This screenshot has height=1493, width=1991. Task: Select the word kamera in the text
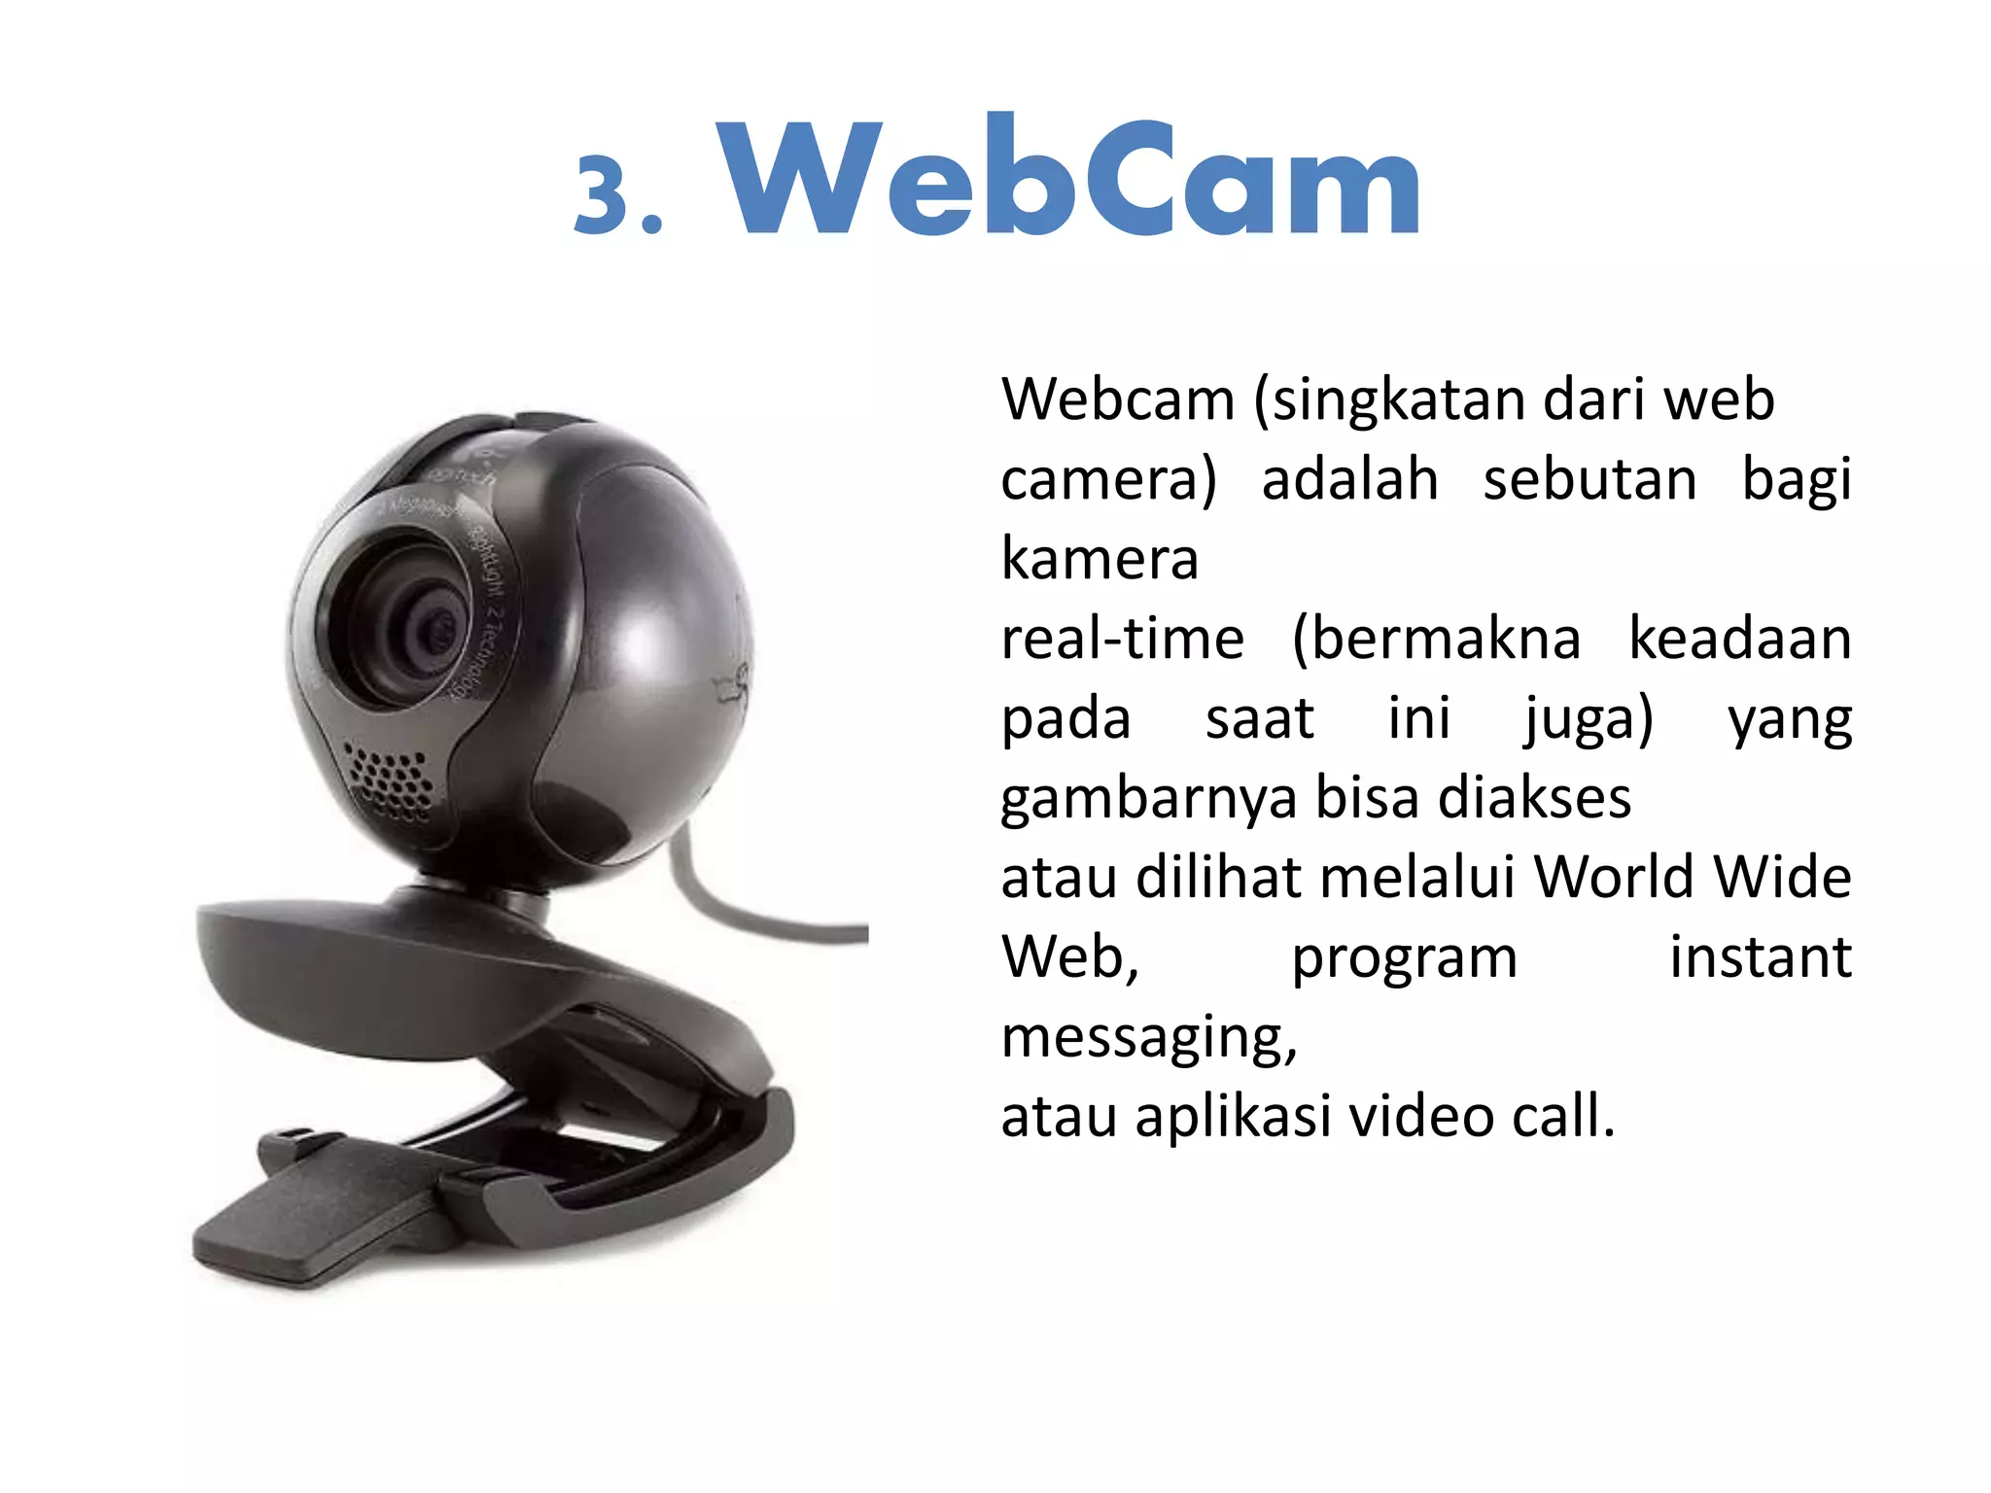1100,559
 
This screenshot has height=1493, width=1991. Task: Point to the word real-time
1122,640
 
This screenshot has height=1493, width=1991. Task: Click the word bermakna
1436,640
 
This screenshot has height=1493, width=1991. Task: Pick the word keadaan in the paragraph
1739,640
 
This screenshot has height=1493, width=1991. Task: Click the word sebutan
1589,480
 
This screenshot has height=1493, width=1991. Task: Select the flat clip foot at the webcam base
311,1215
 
